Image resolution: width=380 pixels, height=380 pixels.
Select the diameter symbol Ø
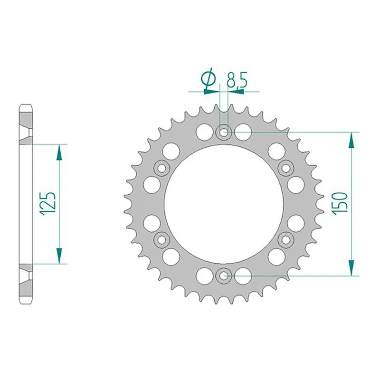(209, 80)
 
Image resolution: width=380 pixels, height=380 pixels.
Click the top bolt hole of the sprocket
(224, 132)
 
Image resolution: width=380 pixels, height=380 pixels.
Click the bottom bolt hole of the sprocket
(224, 274)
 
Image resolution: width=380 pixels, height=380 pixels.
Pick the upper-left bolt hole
(161, 168)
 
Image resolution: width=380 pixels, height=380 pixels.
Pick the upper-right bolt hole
(286, 168)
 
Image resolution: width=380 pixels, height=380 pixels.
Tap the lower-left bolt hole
(161, 238)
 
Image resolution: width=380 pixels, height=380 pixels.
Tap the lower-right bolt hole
(286, 238)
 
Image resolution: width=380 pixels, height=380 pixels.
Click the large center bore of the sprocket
(224, 203)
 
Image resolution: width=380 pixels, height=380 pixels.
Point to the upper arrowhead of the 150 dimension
(351, 141)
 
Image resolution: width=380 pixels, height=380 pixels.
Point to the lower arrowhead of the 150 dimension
(351, 266)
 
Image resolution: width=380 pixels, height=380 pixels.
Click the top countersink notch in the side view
(26, 132)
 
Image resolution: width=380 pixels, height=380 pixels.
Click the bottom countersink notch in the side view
(26, 274)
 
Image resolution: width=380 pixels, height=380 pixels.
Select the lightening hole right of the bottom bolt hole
(243, 275)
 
